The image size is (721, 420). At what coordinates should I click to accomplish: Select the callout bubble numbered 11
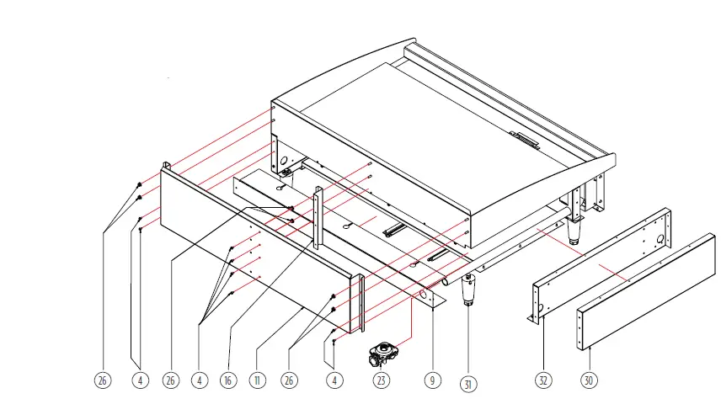tap(258, 380)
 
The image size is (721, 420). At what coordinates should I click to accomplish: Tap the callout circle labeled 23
tap(382, 380)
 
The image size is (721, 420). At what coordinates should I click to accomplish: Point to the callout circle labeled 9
tap(431, 380)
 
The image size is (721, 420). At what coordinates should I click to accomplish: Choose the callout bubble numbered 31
tap(468, 384)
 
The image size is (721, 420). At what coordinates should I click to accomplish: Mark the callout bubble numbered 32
tap(543, 380)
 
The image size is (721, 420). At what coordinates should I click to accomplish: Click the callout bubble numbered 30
tap(589, 380)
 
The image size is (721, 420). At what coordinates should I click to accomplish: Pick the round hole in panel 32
tap(657, 239)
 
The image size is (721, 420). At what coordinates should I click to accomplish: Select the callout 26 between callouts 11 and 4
tap(288, 380)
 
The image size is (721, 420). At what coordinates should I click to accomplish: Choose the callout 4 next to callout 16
tap(200, 380)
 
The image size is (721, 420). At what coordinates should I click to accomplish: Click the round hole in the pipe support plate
tap(424, 295)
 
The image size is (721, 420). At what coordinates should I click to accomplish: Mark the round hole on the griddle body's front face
tap(284, 160)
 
